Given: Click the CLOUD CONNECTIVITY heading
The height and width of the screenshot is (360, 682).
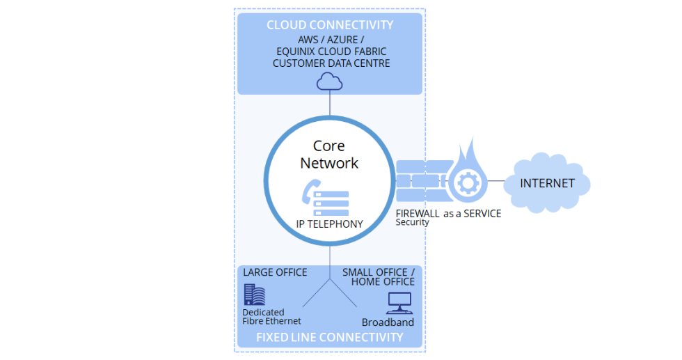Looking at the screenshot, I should [329, 25].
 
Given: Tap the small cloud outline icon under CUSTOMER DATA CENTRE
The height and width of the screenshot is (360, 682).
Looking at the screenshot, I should [329, 82].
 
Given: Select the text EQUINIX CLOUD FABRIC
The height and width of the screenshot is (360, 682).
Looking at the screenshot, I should [331, 52].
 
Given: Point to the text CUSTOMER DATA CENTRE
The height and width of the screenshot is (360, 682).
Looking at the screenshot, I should [331, 63].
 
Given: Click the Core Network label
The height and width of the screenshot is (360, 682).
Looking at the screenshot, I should [329, 155].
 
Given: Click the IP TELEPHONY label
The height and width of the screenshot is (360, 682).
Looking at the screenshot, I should [329, 224].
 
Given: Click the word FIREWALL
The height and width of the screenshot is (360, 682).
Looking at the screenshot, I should [418, 213].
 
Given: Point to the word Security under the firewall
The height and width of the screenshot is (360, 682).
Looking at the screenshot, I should [412, 223].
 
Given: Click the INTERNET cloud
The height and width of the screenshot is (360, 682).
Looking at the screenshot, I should [548, 184].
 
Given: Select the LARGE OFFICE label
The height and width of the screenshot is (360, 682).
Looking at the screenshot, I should [275, 272].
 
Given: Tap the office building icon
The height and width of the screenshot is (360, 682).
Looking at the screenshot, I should [254, 294].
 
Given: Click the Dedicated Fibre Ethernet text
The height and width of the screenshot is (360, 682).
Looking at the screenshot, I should [271, 317].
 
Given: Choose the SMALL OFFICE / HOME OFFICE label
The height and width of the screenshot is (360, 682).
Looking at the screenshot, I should [381, 276].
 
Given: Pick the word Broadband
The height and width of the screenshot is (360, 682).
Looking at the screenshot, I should [388, 322].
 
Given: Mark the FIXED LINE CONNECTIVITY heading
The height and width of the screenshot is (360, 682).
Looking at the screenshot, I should [329, 337].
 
